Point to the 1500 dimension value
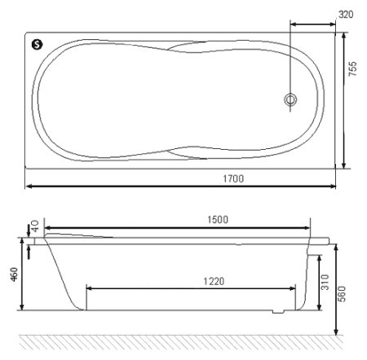click(217, 219)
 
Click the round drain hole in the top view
click(290, 100)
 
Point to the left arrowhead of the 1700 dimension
click(29, 187)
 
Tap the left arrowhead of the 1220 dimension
click(90, 288)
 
